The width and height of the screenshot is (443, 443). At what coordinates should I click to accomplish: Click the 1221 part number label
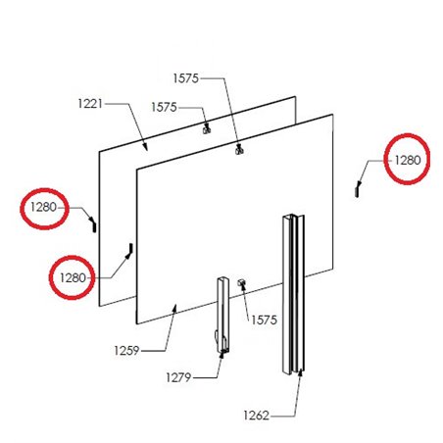[88, 102]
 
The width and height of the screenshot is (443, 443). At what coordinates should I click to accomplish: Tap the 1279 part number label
[179, 375]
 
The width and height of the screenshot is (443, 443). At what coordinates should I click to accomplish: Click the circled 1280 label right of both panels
[407, 157]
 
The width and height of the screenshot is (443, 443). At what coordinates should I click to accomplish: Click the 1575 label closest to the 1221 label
[164, 107]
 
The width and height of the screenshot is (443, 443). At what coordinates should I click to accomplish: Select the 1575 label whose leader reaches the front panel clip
[186, 76]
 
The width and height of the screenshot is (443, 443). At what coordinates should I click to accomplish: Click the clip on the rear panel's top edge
[206, 127]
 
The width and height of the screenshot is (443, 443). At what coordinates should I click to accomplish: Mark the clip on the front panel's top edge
[239, 150]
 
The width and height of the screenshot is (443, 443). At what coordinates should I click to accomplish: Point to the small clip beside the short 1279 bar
[240, 284]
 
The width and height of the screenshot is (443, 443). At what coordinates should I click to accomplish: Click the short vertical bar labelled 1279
[222, 314]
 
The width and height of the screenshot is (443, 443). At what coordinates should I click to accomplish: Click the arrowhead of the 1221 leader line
[147, 148]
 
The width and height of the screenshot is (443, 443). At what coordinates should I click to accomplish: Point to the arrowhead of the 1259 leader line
[175, 307]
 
